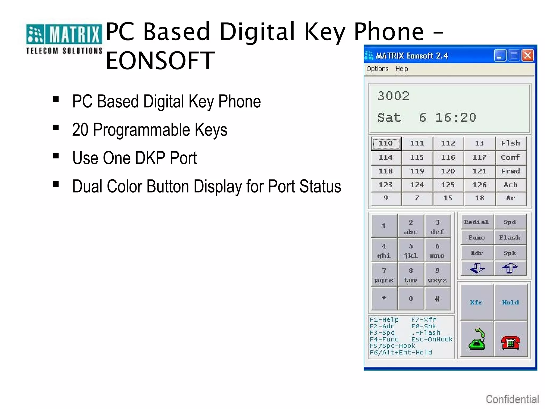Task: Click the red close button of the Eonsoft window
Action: (527, 56)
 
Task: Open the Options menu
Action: (377, 69)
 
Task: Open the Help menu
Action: (401, 69)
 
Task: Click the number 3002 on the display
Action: (394, 96)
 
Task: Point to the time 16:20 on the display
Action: (456, 118)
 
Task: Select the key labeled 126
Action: (479, 185)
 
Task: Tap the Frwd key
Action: (510, 171)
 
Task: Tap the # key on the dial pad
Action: (437, 299)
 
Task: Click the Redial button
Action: (476, 222)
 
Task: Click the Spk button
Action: (510, 253)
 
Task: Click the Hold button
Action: (510, 302)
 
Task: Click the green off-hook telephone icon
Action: (477, 339)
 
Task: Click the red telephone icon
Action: (510, 342)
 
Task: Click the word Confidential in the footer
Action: (512, 399)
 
